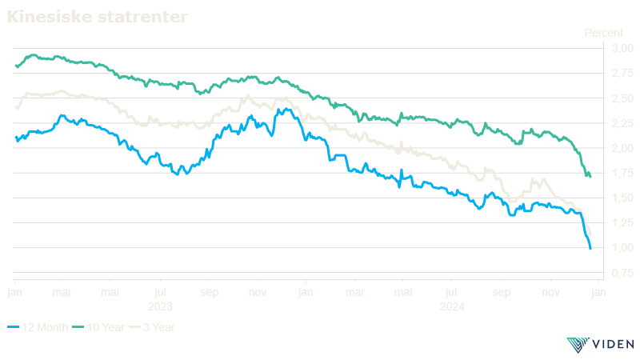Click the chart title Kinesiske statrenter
tap(98, 16)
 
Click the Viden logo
tap(600, 344)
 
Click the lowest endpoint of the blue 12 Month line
tap(590, 249)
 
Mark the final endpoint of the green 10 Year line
tap(590, 176)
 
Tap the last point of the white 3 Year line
tap(590, 234)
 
